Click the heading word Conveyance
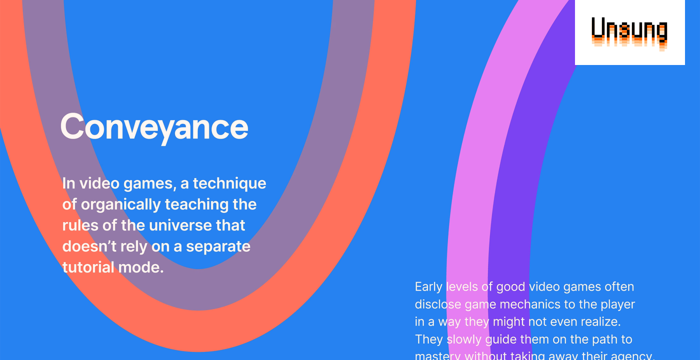154,127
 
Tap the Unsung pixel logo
629,32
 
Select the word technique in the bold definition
229,184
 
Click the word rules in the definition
80,225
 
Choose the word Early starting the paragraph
428,287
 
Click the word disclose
438,304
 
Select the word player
618,304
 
